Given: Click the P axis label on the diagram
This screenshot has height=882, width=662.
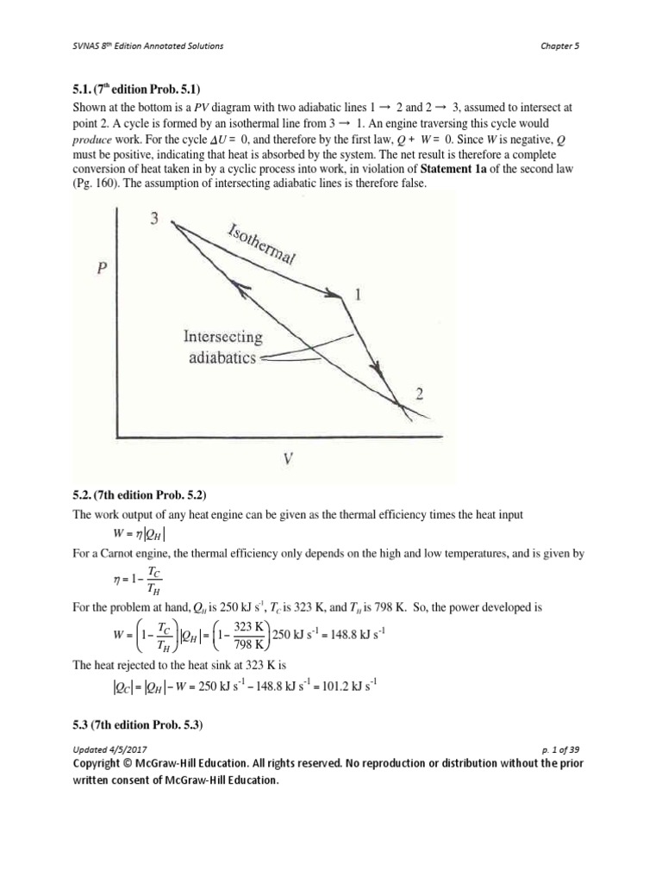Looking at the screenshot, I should pos(102,268).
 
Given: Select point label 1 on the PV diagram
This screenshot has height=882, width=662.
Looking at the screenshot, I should pos(358,295).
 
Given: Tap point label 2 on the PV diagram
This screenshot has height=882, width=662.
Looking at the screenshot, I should pos(420,394).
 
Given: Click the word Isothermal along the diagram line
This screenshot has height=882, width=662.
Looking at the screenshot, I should pos(261,245).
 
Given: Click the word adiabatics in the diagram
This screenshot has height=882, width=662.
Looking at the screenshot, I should pos(222,357).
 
